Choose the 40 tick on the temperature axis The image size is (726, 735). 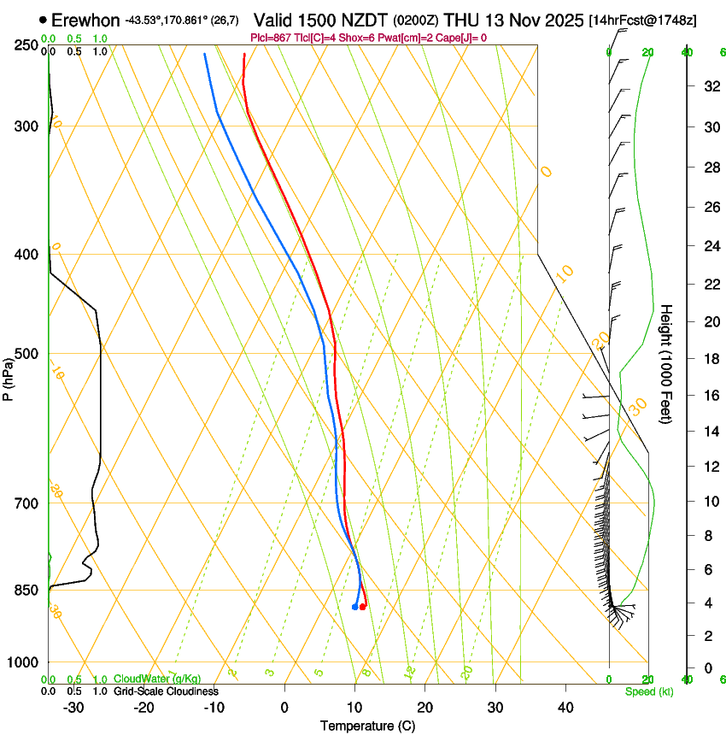565,707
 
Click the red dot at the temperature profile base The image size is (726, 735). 363,607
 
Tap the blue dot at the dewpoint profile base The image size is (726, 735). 354,607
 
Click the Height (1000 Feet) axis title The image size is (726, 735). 666,363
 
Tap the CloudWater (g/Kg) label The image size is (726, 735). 157,679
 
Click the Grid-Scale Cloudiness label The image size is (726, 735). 165,691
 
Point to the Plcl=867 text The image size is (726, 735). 269,38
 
